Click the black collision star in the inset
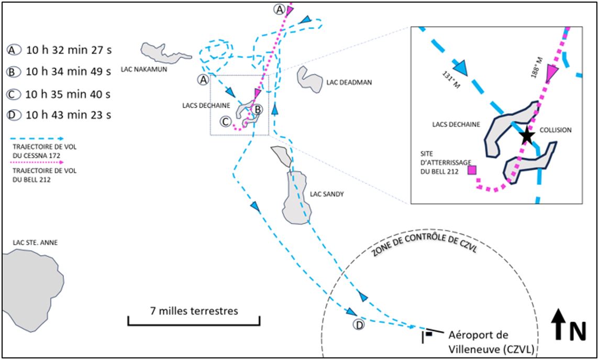coord(527,137)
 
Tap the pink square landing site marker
coord(472,170)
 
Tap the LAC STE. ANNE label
coord(36,243)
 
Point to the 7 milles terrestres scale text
coord(193,311)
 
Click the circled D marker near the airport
coord(359,325)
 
